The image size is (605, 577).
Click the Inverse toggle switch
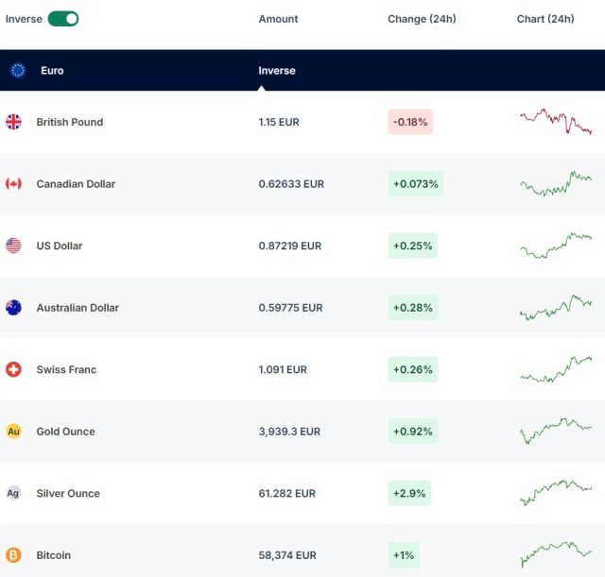(63, 19)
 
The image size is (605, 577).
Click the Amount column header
(278, 19)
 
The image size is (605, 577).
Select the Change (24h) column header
(422, 19)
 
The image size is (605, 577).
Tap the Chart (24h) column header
(545, 19)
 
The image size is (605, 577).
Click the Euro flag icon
(18, 70)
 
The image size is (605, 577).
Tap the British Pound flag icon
(13, 122)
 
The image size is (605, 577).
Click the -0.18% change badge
(410, 122)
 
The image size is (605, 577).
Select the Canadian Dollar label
(76, 184)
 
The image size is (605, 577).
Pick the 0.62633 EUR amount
(291, 184)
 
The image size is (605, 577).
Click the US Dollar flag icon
(13, 246)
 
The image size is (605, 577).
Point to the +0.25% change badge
(412, 246)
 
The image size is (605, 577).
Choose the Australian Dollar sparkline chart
(556, 308)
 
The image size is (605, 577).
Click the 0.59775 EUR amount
(290, 308)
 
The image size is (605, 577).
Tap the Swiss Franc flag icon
(13, 369)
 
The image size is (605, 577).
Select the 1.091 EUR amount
(283, 369)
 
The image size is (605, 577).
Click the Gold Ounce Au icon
(13, 432)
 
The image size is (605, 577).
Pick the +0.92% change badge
(412, 432)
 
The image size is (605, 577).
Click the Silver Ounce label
(68, 493)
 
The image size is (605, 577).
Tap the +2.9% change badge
(409, 493)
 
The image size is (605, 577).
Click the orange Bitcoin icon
(13, 555)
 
